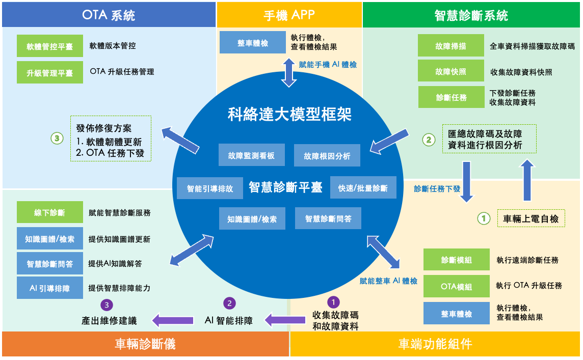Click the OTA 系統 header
(109, 15)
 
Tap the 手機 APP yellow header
(289, 15)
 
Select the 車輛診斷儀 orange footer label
(145, 344)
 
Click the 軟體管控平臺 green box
(49, 46)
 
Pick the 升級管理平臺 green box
(49, 73)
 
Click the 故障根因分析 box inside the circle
(327, 156)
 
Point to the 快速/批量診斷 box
(363, 188)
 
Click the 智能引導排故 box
(210, 188)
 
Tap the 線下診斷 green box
(49, 212)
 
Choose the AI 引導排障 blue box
(49, 288)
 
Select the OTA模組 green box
(456, 287)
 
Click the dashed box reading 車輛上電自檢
(531, 218)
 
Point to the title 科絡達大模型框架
(289, 115)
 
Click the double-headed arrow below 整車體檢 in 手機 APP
(289, 72)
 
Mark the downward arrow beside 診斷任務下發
(467, 181)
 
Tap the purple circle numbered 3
(107, 304)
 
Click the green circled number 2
(429, 139)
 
